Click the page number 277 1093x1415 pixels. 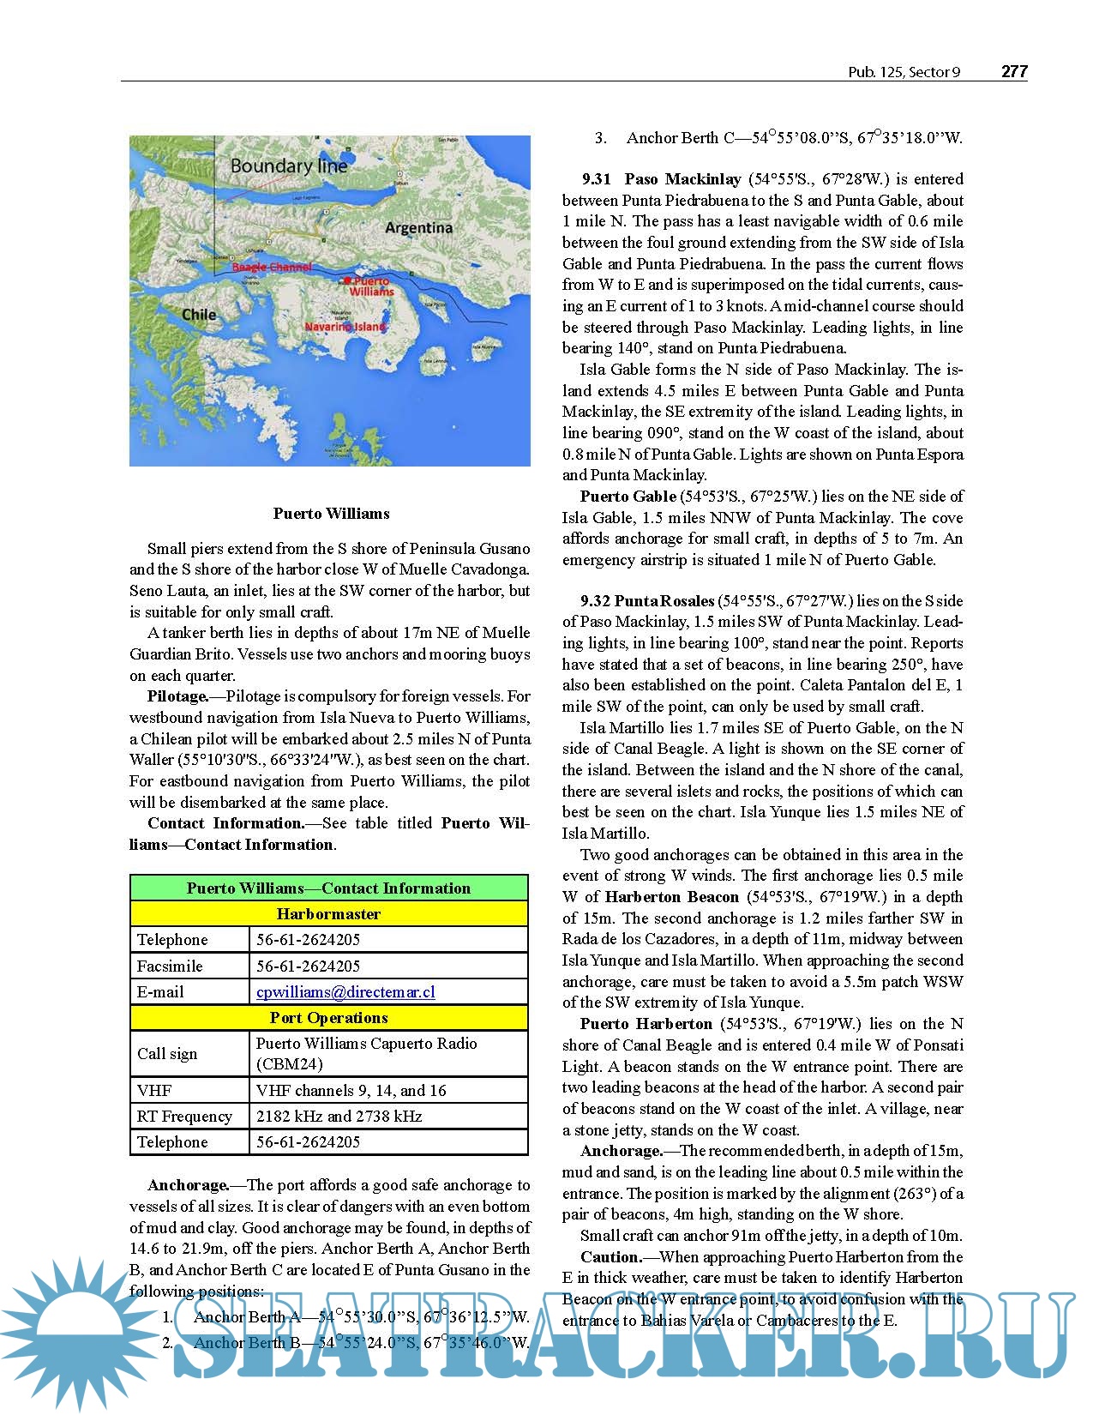[x=1014, y=72]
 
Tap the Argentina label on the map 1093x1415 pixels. [x=418, y=228]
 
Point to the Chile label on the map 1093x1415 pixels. [x=199, y=315]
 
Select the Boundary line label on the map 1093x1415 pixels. [x=289, y=166]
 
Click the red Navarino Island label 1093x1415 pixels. [x=345, y=327]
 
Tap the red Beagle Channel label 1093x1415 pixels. [x=271, y=268]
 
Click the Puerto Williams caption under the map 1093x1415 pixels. [x=331, y=514]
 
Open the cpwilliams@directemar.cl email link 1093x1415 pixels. [x=345, y=992]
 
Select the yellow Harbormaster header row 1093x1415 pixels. [x=328, y=914]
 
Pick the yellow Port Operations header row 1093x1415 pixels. [x=328, y=1018]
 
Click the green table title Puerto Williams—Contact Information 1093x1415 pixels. [x=328, y=888]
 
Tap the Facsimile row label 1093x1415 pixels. [x=170, y=966]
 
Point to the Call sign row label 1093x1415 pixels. [x=167, y=1054]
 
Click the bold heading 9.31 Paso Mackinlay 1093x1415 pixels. [x=661, y=179]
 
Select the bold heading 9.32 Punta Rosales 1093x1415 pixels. [x=647, y=601]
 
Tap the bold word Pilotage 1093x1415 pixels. [x=177, y=696]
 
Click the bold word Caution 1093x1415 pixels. [x=610, y=1257]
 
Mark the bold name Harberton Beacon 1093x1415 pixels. [x=671, y=897]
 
